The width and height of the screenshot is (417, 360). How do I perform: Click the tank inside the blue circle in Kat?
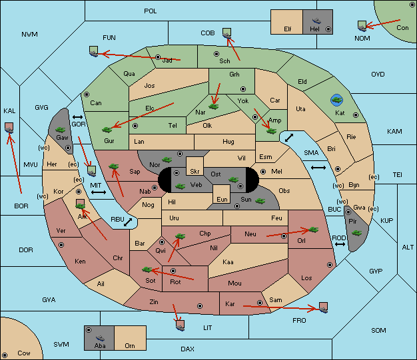[x=336, y=100]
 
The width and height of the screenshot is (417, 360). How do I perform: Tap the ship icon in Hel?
[x=316, y=21]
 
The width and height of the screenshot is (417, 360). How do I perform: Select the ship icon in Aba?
[x=100, y=338]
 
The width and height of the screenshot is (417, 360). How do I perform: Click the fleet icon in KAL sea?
[x=9, y=128]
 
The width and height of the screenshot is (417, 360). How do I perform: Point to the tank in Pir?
[x=356, y=233]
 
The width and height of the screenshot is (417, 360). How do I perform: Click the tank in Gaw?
[x=61, y=130]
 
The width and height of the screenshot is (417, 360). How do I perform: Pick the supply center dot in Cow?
[x=5, y=355]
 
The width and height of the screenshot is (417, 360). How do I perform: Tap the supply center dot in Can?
[x=87, y=94]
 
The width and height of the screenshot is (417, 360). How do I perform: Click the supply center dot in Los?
[x=330, y=265]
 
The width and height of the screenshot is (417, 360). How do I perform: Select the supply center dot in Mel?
[x=263, y=172]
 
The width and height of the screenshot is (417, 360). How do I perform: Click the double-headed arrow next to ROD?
[x=340, y=244]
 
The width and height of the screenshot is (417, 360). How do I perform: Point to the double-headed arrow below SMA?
[x=318, y=168]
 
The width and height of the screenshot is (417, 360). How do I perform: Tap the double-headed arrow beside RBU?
[x=128, y=222]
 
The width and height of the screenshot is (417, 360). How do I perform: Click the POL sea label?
[x=151, y=11]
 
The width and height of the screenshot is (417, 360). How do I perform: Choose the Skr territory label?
[x=195, y=172]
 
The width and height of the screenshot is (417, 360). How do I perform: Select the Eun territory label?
[x=222, y=200]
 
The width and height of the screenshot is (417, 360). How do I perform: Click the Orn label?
[x=130, y=345]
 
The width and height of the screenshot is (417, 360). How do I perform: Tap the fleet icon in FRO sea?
[x=323, y=307]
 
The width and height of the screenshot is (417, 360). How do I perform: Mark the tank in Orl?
[x=313, y=230]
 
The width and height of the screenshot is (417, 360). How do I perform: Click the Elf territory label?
[x=288, y=29]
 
